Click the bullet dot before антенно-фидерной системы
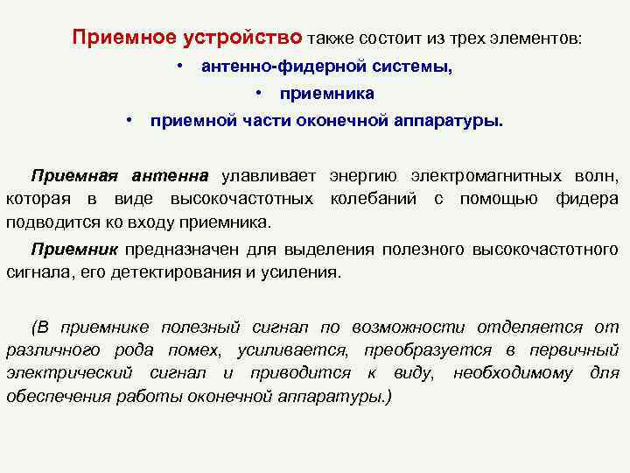[x=178, y=66]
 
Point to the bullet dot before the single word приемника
[x=260, y=93]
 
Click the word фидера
[x=587, y=199]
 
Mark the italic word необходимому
[x=512, y=373]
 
